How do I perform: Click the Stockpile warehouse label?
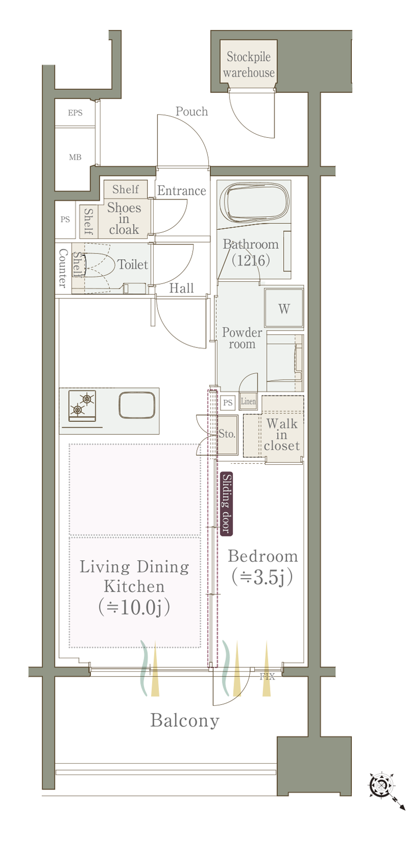(x=249, y=65)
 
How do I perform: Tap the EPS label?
(x=75, y=113)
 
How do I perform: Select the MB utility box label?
(x=75, y=157)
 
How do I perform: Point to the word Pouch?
(x=192, y=112)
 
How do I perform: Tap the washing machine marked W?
(x=284, y=308)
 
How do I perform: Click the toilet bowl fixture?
(x=99, y=264)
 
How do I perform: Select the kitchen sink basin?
(x=137, y=405)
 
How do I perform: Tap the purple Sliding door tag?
(x=226, y=504)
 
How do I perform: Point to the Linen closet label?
(x=248, y=401)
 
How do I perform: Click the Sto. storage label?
(x=227, y=434)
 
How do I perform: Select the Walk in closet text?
(x=282, y=434)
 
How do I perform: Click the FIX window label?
(x=267, y=677)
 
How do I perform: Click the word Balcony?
(x=185, y=720)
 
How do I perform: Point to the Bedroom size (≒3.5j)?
(x=262, y=577)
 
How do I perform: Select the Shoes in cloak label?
(x=124, y=218)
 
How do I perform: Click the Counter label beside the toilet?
(x=63, y=268)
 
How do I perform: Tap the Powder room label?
(x=242, y=338)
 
